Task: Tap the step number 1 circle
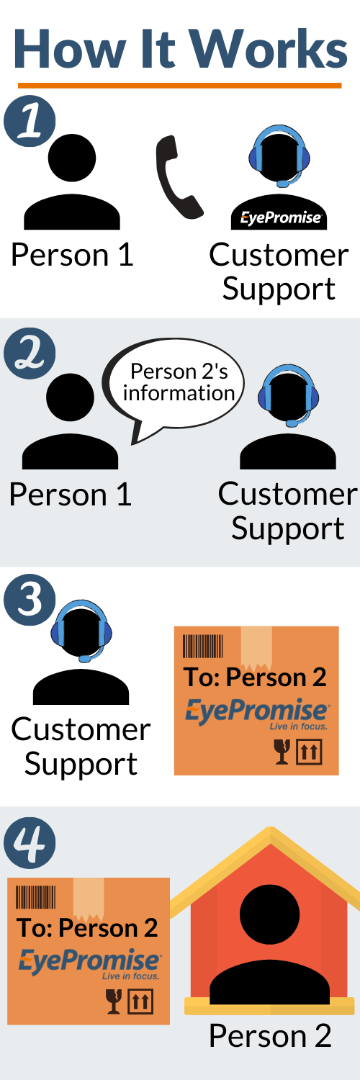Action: coord(30,121)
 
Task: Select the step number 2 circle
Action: coord(30,354)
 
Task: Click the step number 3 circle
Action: coord(30,600)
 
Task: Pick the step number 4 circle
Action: coord(30,842)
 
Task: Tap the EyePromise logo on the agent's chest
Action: coord(281,218)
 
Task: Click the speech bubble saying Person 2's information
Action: coord(174,387)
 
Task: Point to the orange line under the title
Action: coord(180,86)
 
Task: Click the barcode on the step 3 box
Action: coord(203,646)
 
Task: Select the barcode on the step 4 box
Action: coord(36,897)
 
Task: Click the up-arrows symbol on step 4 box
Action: coord(140,1002)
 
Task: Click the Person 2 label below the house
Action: coord(270,1035)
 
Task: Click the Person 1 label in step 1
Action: coord(72,255)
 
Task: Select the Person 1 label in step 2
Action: coord(71,495)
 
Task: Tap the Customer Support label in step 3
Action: coord(81,747)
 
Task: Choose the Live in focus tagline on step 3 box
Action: coord(298,726)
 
